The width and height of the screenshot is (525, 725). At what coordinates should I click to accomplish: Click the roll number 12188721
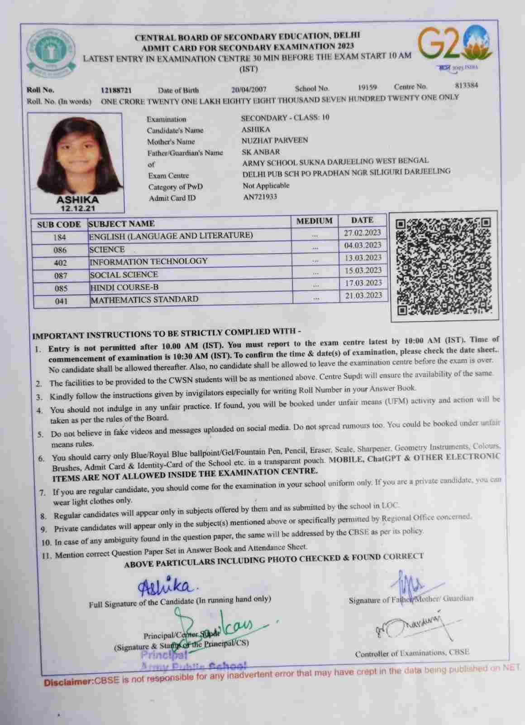(x=116, y=90)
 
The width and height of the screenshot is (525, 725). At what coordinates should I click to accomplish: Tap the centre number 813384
(x=466, y=85)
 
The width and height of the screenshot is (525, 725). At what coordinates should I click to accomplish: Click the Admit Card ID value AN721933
(x=260, y=197)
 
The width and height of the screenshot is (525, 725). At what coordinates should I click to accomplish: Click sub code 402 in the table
(x=60, y=263)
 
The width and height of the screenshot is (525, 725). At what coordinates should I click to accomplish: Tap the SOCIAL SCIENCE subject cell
(x=124, y=275)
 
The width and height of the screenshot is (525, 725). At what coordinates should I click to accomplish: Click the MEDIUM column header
(x=314, y=221)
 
